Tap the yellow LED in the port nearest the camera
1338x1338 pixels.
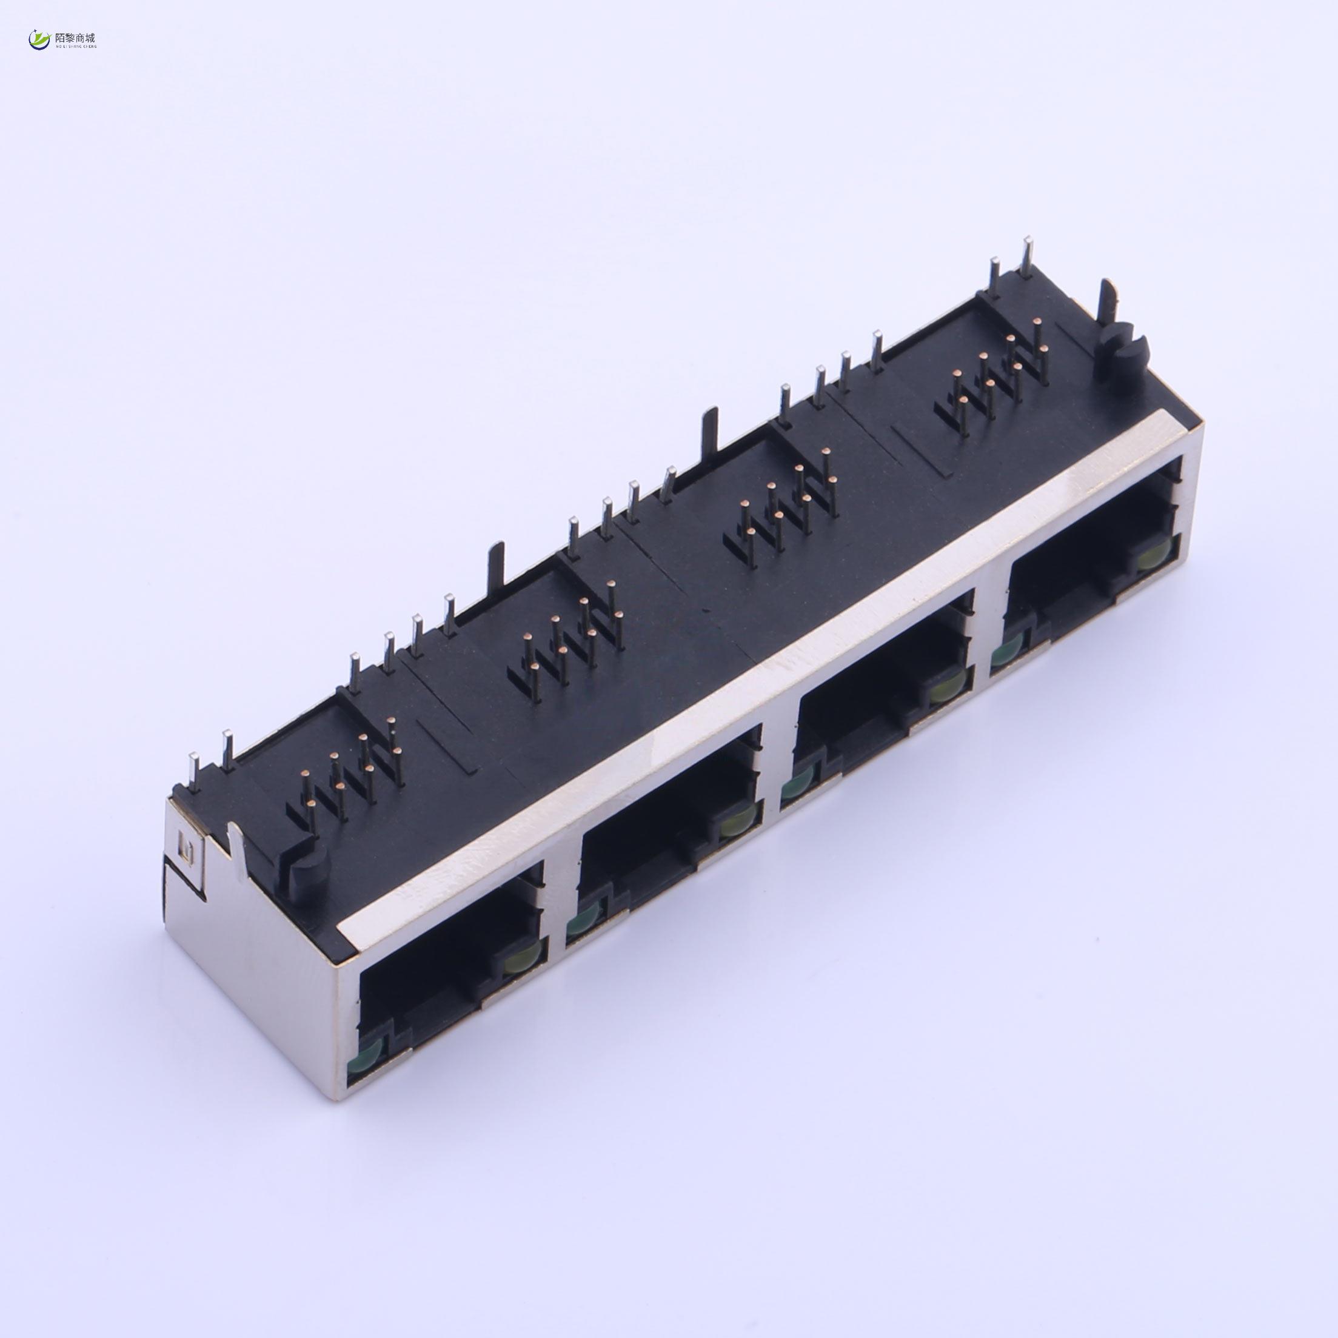point(516,963)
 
